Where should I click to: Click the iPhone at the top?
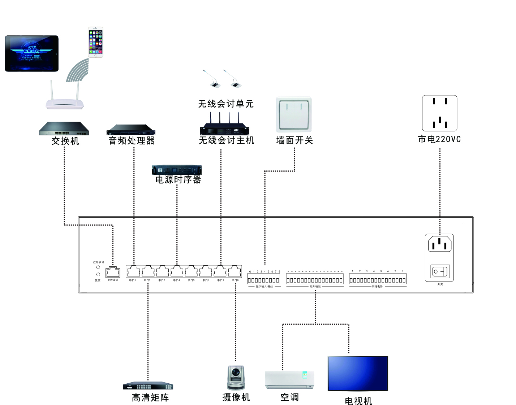(96, 42)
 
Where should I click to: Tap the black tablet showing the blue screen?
(32, 53)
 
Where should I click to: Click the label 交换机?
(65, 141)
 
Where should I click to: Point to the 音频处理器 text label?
(132, 140)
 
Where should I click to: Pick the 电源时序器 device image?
(177, 170)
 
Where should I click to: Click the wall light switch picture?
(294, 114)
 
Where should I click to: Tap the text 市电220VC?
(439, 139)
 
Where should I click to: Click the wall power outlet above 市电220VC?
(439, 113)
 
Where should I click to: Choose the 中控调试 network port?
(113, 273)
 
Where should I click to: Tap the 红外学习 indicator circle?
(98, 267)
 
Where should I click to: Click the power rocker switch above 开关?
(440, 271)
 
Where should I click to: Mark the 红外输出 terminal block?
(314, 280)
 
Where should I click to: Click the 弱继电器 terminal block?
(377, 280)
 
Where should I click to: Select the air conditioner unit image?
(289, 380)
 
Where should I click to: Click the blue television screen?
(358, 374)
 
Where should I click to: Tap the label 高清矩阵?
(150, 398)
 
